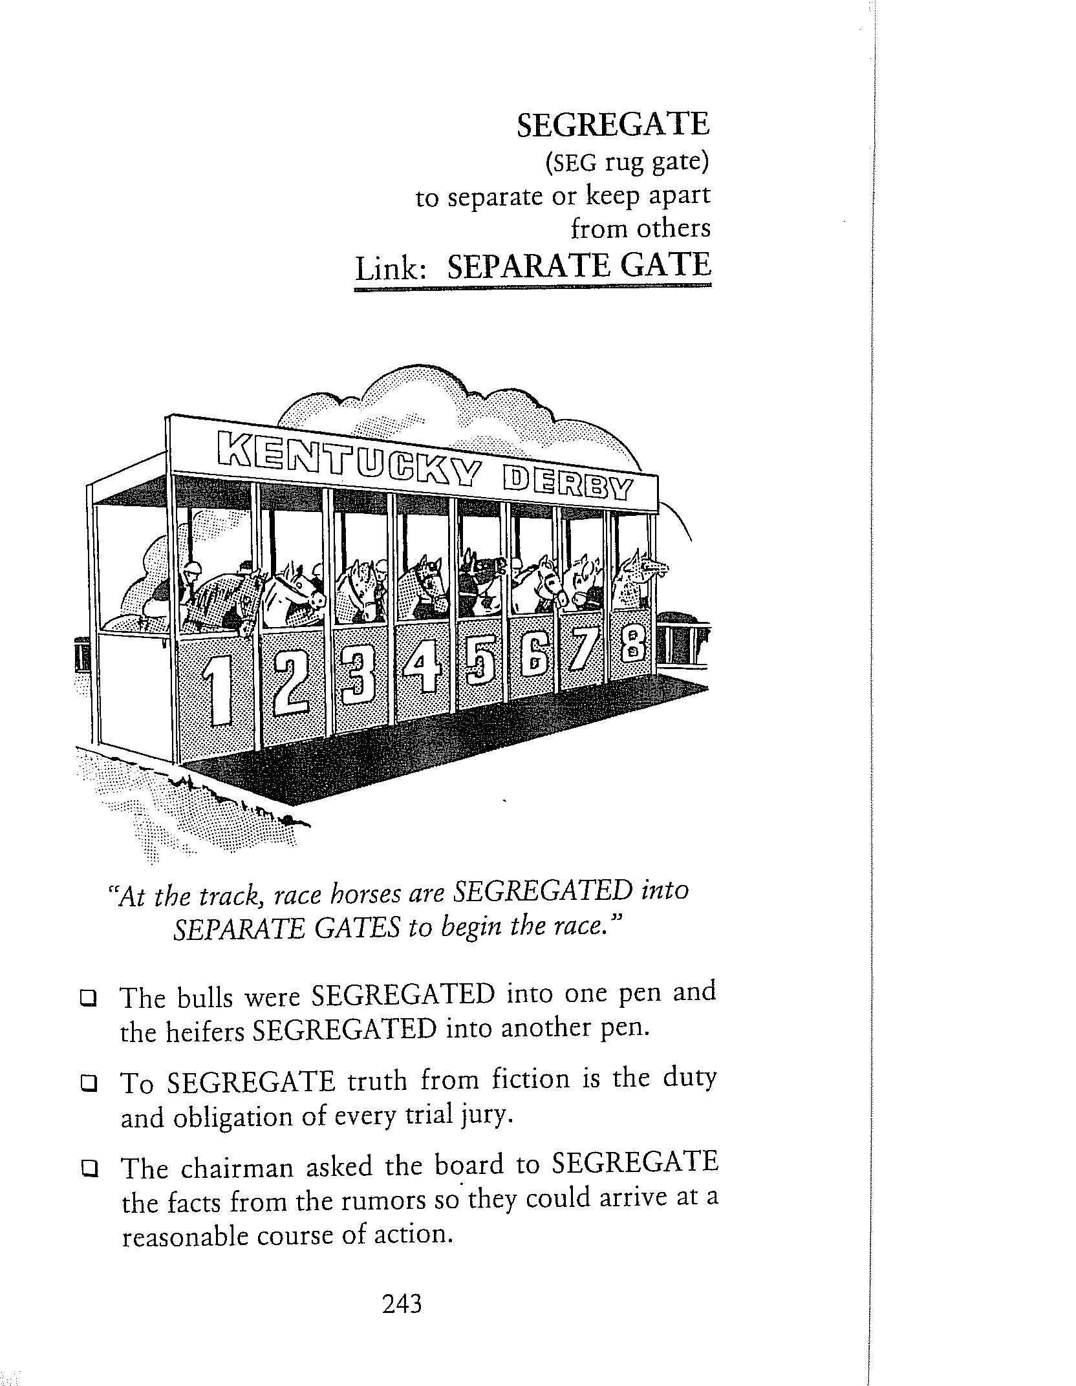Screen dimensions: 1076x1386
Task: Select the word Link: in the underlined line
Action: click(x=391, y=268)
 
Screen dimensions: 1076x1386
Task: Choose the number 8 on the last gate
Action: click(x=632, y=644)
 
